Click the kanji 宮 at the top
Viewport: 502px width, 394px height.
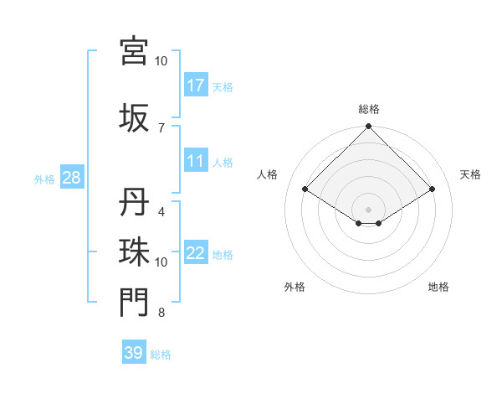coord(133,50)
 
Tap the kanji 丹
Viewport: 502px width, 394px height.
coord(133,203)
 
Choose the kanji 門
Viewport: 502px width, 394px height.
coord(133,303)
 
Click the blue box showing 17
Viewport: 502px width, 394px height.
coord(196,85)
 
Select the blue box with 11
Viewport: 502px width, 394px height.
coord(196,161)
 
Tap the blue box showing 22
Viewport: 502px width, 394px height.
coord(196,253)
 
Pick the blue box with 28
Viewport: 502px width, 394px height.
coord(71,179)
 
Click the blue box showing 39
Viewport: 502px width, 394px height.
coord(134,353)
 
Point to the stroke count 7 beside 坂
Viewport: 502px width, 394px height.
coord(161,127)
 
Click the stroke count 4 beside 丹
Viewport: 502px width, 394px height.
coord(161,212)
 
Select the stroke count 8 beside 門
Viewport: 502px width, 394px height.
coord(161,314)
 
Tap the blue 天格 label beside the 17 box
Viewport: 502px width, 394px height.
coord(223,86)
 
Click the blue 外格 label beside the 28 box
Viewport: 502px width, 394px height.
coord(44,179)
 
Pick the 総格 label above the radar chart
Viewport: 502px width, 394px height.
coord(369,109)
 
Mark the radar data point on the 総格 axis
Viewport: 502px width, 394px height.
coord(369,127)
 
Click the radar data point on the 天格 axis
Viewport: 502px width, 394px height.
coord(433,189)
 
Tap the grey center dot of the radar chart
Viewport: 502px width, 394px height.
coord(369,209)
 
